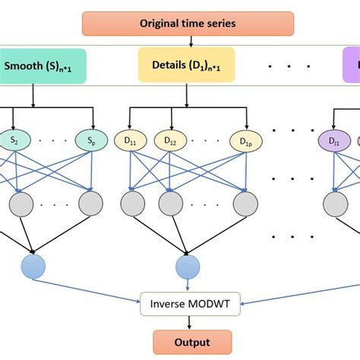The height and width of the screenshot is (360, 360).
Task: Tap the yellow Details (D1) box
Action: [x=187, y=65]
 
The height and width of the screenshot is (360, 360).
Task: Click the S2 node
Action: [x=14, y=140]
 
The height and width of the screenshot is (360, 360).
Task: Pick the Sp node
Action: [x=90, y=140]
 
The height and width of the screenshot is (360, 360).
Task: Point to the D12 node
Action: [x=170, y=140]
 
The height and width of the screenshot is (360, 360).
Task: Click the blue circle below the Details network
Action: [x=187, y=267]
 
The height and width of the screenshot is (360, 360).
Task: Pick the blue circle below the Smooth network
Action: [x=33, y=267]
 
